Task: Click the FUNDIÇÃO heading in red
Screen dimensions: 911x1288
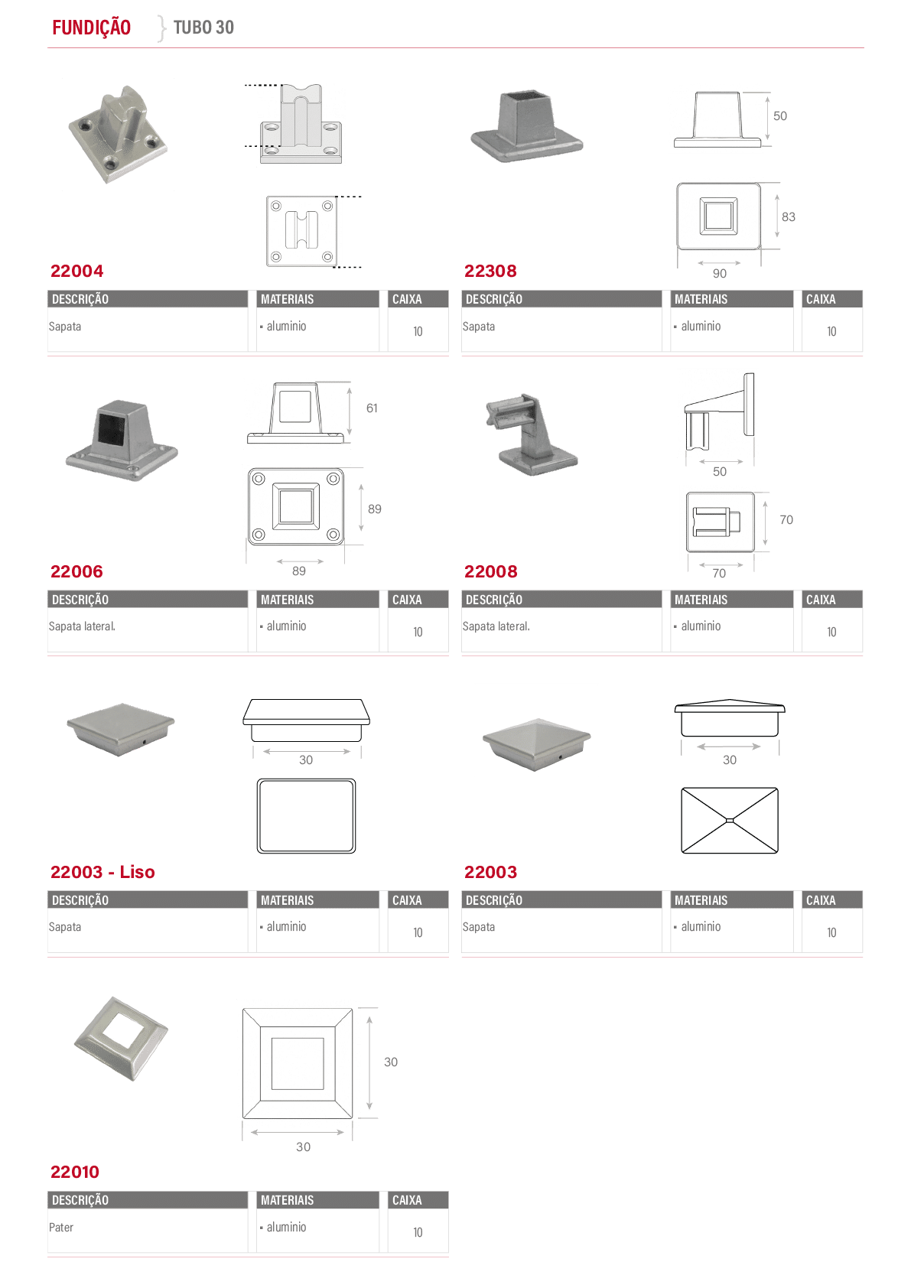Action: click(x=92, y=28)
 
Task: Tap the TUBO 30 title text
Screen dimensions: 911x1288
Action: click(x=203, y=28)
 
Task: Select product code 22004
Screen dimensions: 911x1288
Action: click(x=77, y=271)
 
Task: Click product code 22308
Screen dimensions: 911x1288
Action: click(x=490, y=271)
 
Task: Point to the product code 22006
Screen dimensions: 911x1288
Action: click(x=76, y=571)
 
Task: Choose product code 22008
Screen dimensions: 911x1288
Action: click(x=490, y=571)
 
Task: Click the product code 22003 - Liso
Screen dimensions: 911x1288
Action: click(x=102, y=872)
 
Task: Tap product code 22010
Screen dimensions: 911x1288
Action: click(x=75, y=1172)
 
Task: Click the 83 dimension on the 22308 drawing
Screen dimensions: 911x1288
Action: click(x=789, y=216)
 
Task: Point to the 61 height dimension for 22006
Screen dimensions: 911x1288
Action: click(x=372, y=408)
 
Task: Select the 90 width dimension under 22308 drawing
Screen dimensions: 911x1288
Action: click(x=720, y=274)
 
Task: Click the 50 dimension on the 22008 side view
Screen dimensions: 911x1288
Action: click(x=720, y=471)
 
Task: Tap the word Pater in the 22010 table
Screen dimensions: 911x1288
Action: click(x=61, y=1227)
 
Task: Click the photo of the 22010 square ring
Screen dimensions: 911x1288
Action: click(x=121, y=1039)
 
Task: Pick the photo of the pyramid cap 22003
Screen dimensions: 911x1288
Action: click(x=536, y=744)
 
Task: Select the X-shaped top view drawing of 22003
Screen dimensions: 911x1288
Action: click(x=729, y=821)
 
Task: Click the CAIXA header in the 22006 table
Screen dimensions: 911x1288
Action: click(x=407, y=600)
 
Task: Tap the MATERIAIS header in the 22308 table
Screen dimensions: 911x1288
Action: click(x=701, y=299)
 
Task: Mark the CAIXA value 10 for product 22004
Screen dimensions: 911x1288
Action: click(x=418, y=331)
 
